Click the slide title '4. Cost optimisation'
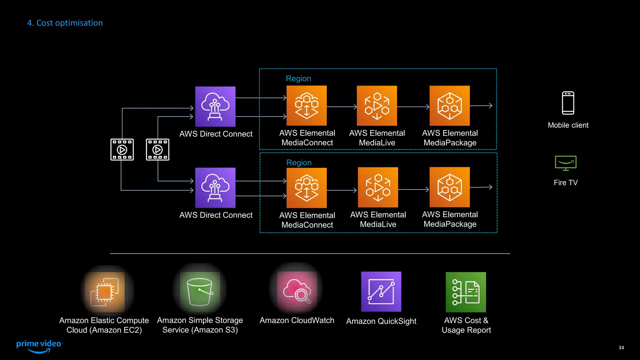(x=65, y=23)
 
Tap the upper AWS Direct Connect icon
(x=215, y=107)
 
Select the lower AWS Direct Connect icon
(x=215, y=187)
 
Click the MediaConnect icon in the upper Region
(x=307, y=106)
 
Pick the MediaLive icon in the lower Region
(x=378, y=187)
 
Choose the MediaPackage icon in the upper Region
(x=449, y=106)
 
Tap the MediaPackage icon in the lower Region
(x=449, y=187)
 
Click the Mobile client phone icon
(x=568, y=103)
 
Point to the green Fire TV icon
(x=566, y=163)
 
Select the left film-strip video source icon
(x=122, y=150)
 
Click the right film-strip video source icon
(x=157, y=150)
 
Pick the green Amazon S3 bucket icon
(x=200, y=292)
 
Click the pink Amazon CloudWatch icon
(x=297, y=291)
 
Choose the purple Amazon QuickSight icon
(x=381, y=292)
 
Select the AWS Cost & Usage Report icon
(x=466, y=292)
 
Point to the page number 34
(x=621, y=347)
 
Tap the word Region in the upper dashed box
(x=298, y=78)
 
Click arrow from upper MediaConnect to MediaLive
(x=342, y=107)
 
